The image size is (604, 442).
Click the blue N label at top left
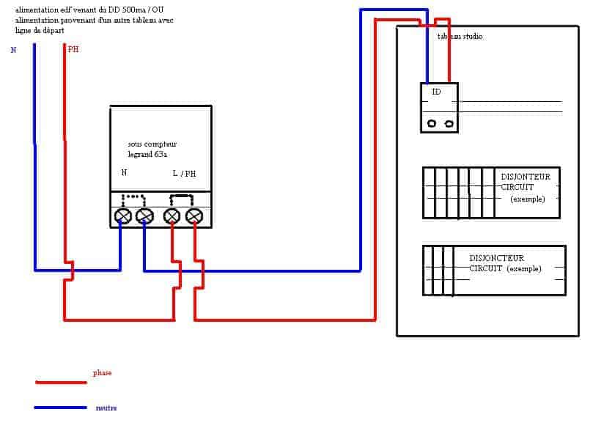pyautogui.click(x=13, y=50)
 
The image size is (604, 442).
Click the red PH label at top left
pyautogui.click(x=73, y=49)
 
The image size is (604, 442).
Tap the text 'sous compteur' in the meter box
pyautogui.click(x=152, y=144)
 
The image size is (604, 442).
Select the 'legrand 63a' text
pyautogui.click(x=147, y=155)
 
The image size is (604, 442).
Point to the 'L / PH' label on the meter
pyautogui.click(x=184, y=174)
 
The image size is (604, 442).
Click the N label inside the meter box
pyautogui.click(x=124, y=173)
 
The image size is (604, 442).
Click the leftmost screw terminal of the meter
pyautogui.click(x=123, y=216)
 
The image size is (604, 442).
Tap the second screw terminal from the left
pyautogui.click(x=145, y=216)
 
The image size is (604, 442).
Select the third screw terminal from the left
pyautogui.click(x=172, y=216)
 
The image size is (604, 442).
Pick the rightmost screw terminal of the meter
pyautogui.click(x=194, y=216)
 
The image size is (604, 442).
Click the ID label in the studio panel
pyautogui.click(x=436, y=92)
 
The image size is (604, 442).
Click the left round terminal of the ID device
pyautogui.click(x=432, y=124)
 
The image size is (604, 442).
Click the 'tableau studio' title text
pyautogui.click(x=460, y=37)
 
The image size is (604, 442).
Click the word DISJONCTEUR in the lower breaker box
pyautogui.click(x=497, y=258)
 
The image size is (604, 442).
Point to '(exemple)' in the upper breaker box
pyautogui.click(x=528, y=199)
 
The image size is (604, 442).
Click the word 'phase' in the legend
pyautogui.click(x=102, y=373)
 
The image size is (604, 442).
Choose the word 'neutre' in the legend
pyautogui.click(x=106, y=408)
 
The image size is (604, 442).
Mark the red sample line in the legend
pyautogui.click(x=61, y=382)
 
